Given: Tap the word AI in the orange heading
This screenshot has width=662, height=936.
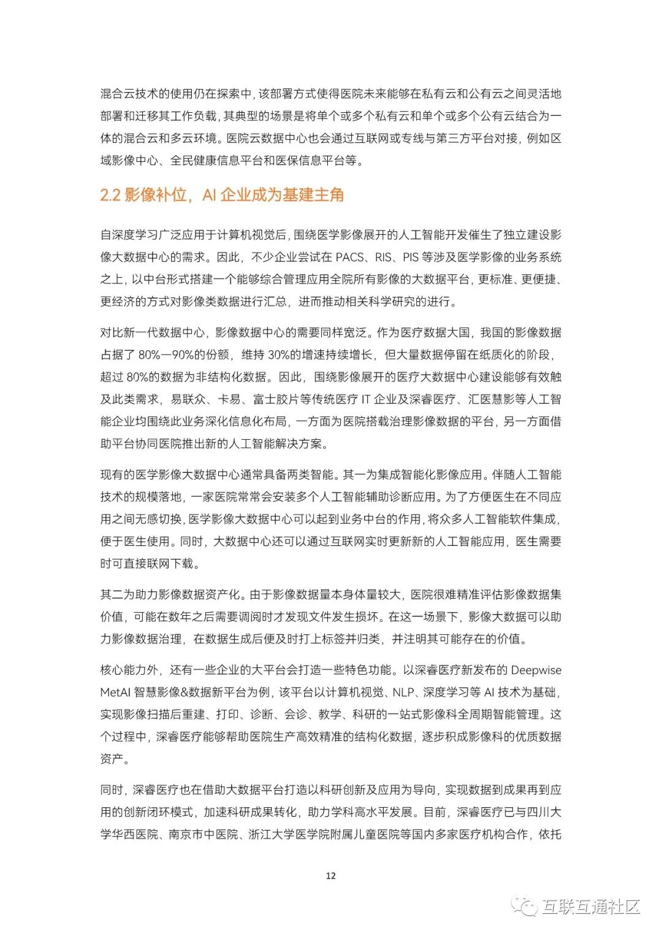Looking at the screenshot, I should coord(209,195).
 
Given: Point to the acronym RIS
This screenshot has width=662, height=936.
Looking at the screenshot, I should coord(384,257).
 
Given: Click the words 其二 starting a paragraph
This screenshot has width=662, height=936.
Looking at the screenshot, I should coord(112,594).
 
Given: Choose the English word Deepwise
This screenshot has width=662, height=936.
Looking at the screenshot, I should coord(536,670).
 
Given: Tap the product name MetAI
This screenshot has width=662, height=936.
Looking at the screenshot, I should coord(115,692).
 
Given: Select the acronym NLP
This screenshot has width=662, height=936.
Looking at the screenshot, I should coord(403,692).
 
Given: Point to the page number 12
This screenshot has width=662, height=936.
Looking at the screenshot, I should coord(331,876).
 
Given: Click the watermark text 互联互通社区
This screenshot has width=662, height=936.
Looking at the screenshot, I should coord(591,907).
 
